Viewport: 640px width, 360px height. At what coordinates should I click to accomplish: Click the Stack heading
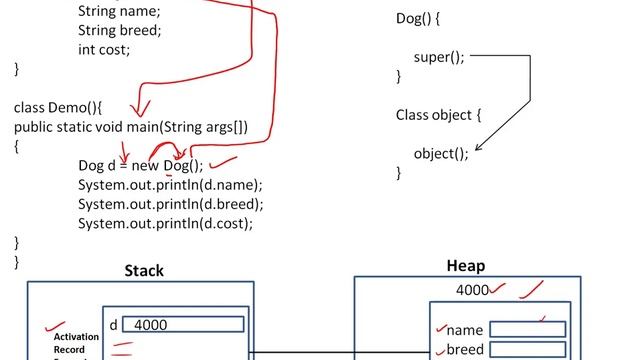coord(144,270)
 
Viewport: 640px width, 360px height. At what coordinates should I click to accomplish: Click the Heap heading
coord(465,266)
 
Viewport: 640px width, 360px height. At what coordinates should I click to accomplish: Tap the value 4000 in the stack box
coord(151,325)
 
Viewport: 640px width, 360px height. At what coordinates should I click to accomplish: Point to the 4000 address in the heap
coord(472,290)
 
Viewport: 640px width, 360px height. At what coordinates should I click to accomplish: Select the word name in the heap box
coord(464,330)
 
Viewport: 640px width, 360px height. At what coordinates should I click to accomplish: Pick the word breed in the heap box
coord(465,349)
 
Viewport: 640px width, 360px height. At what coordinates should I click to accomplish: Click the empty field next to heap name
coord(527,330)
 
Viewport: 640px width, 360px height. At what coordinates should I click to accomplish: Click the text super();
coord(439,57)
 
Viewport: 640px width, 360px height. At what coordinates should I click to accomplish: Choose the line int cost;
coord(104,49)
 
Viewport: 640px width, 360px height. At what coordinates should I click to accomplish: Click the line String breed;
coord(119,30)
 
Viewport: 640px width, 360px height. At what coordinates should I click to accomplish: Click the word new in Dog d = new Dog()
coord(145,166)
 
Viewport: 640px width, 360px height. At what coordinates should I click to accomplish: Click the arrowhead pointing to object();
coord(476,151)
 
